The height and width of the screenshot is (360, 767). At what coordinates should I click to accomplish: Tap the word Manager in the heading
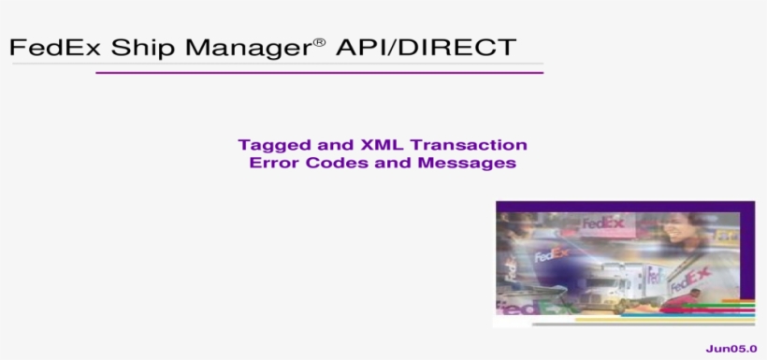click(245, 48)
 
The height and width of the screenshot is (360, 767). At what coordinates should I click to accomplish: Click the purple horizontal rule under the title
click(318, 72)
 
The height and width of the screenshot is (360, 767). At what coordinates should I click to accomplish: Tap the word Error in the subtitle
click(271, 163)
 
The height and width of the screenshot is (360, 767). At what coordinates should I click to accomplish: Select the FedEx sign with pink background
click(602, 224)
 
